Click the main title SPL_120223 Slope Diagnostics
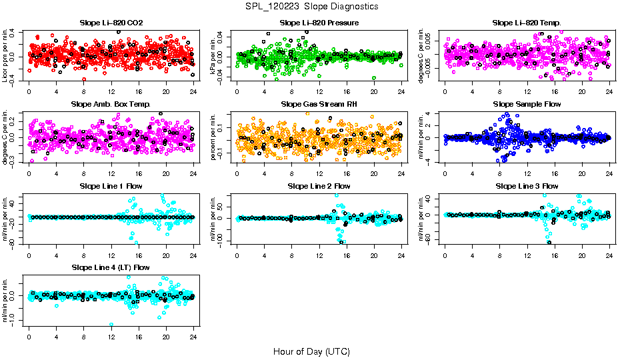(x=311, y=6)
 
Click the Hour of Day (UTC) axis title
(x=311, y=351)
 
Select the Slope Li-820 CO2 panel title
(x=111, y=23)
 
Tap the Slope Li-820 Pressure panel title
(x=319, y=23)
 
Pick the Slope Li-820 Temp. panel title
(x=527, y=23)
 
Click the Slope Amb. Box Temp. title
(x=111, y=104)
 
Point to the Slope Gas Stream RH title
(x=319, y=104)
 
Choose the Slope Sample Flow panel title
(x=527, y=104)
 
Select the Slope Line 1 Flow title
(x=111, y=186)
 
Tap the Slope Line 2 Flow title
(x=319, y=186)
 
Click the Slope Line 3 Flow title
(x=527, y=186)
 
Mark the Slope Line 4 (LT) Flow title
(x=111, y=267)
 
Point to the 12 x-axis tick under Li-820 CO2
(x=111, y=92)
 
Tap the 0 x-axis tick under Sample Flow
(x=445, y=173)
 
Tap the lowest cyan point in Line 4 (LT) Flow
(x=111, y=325)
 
